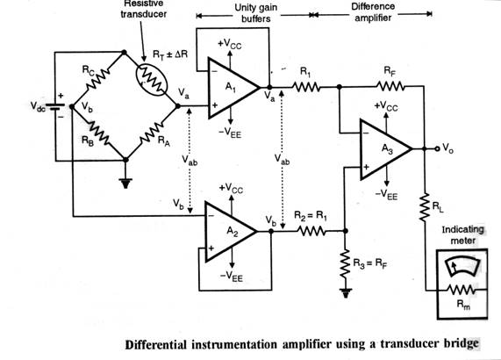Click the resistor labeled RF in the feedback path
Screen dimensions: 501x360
(390, 86)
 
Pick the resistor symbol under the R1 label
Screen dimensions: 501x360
(305, 87)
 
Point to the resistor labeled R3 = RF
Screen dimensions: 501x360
(345, 264)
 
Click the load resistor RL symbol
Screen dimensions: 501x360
(425, 207)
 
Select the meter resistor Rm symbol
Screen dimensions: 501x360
(462, 290)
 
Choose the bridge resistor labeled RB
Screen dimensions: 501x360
(99, 133)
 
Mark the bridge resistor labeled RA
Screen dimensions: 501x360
(152, 133)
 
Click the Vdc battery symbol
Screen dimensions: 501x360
(55, 106)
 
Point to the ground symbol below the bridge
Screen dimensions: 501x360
(125, 184)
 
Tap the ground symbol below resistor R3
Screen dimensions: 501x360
(346, 293)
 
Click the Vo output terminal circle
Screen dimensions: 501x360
(437, 148)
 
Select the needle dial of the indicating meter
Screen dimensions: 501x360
(462, 267)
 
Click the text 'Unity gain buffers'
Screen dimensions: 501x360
(256, 13)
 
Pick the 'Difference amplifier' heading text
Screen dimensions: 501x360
(373, 11)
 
